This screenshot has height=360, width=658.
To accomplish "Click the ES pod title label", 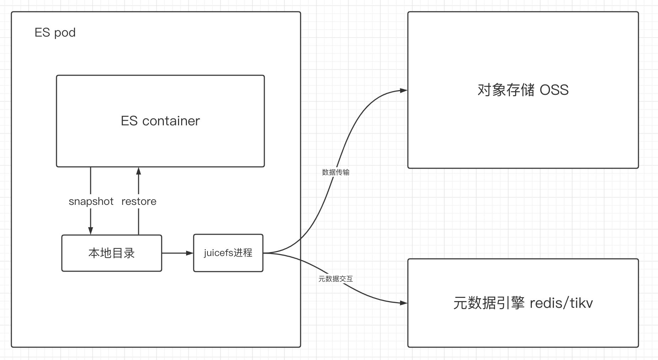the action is point(55,33).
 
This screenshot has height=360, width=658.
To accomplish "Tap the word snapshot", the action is point(91,201).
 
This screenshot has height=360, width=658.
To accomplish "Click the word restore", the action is point(139,201).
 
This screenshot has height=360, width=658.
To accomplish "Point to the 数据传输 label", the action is point(336,172).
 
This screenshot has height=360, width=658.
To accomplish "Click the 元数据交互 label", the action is point(336,279).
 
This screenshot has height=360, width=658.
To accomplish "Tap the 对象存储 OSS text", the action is point(523,90).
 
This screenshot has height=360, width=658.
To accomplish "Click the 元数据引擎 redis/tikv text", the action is point(523,303).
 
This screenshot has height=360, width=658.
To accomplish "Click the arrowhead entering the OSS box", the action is point(404,91).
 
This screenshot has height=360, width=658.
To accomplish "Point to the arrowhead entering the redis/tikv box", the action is point(404,303).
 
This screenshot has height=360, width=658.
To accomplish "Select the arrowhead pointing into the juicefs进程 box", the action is point(190,253).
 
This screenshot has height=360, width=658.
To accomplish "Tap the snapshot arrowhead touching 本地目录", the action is point(91,231).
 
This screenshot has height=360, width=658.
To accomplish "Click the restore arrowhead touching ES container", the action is point(139,171).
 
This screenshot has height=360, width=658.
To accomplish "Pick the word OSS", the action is point(554,90).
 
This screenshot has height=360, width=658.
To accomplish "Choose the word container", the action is point(171,121).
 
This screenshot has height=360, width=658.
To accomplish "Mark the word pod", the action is point(65,33).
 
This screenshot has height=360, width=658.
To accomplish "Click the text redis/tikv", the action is point(561,303).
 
